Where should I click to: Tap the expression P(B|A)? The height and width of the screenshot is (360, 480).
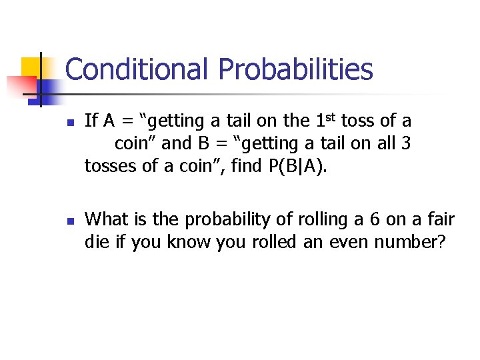[x=298, y=166]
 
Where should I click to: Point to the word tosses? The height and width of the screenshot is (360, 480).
[x=111, y=166]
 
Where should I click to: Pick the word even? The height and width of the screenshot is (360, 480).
[x=326, y=242]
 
